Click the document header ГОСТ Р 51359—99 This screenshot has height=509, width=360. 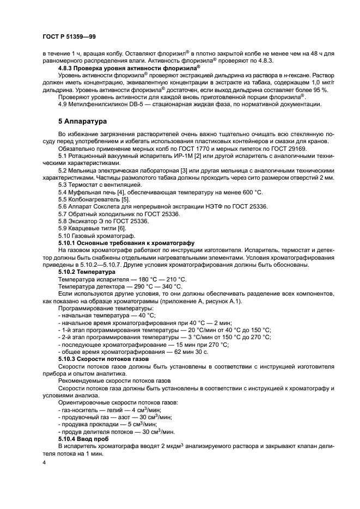[69, 37]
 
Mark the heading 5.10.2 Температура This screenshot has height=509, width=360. [87, 271]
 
